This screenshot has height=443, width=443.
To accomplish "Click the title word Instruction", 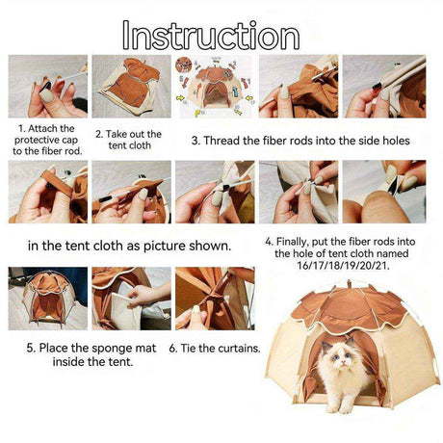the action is click(211, 36).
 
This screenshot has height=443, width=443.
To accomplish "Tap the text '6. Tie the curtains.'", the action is click(215, 348).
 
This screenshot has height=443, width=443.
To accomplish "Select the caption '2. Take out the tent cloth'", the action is click(128, 140).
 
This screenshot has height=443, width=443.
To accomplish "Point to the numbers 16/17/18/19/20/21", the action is click(343, 266).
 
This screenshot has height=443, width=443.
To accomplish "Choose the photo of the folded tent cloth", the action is click(131, 87).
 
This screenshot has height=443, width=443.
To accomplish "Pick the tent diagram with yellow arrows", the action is click(215, 87).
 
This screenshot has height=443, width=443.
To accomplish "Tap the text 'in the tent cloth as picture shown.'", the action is click(129, 246).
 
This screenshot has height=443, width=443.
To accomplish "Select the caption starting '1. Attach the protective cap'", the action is click(47, 140).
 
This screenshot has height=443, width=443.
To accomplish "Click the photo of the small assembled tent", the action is click(48, 299).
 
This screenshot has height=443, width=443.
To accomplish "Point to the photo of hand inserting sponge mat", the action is click(131, 299).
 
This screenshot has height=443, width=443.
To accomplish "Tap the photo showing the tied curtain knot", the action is click(215, 299).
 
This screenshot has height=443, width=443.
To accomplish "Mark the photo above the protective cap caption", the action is click(48, 87).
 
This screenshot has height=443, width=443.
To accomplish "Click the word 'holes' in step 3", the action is click(396, 141).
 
